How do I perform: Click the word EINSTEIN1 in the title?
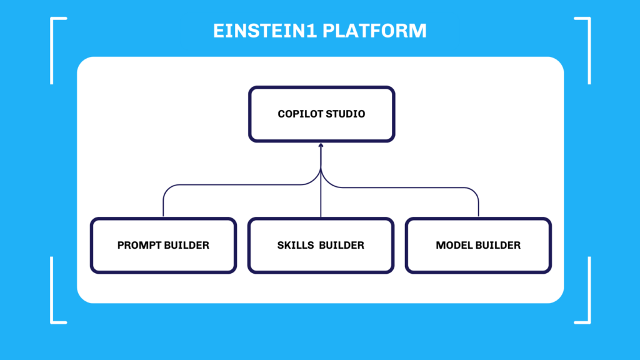pyautogui.click(x=265, y=31)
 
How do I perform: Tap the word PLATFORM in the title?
pyautogui.click(x=375, y=31)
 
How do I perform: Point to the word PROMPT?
pyautogui.click(x=140, y=245)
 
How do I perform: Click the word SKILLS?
pyautogui.click(x=296, y=245)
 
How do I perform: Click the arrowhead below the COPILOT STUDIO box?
pyautogui.click(x=321, y=145)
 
